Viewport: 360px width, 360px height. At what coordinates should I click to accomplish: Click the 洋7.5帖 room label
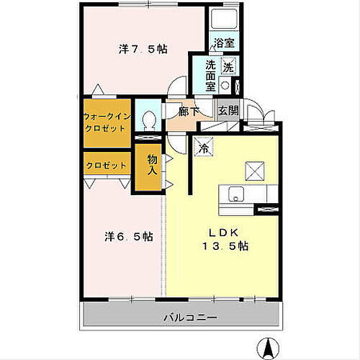click(143, 50)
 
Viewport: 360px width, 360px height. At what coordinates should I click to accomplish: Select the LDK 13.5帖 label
click(229, 239)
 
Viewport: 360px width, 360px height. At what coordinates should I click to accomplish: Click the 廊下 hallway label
click(190, 111)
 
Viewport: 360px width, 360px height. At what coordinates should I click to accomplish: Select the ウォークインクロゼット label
click(107, 121)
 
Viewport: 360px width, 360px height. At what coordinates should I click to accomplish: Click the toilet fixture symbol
click(150, 120)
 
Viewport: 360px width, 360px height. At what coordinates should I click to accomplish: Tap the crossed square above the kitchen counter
click(256, 171)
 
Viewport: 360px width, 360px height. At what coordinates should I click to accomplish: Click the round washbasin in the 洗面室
click(224, 85)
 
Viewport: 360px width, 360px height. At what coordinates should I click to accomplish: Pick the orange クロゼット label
click(107, 165)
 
